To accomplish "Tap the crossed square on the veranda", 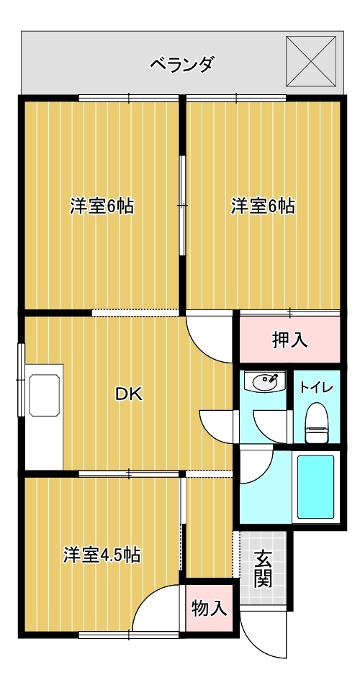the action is coord(311,61).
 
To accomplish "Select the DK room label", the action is coord(128,394).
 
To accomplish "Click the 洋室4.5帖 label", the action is coord(102,555).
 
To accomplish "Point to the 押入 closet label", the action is coord(289,340).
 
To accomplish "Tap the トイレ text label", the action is coord(316,387).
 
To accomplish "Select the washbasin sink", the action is coord(266,381).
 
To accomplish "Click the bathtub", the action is coord(315,486).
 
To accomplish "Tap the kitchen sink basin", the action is coord(44,395).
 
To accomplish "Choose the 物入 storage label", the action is coord(209,609).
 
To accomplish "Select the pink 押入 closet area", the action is coord(289,340).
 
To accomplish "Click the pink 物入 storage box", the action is coord(209,609).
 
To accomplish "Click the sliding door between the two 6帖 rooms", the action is coord(182,205).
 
